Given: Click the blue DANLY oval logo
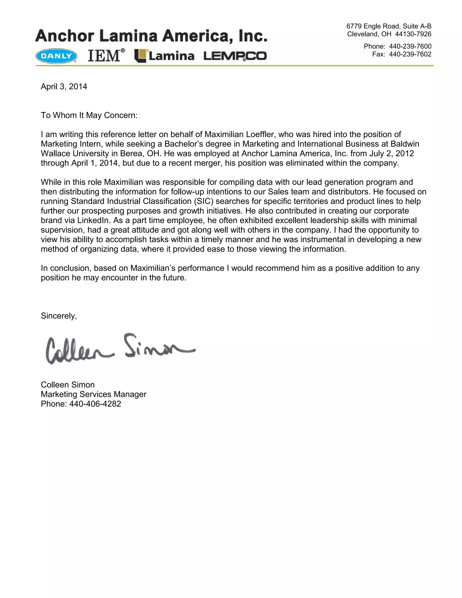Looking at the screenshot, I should point(56,56).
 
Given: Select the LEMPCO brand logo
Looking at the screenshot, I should point(235,56).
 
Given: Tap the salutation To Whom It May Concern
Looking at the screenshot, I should point(89,115).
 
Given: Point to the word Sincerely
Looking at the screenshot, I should point(59,316).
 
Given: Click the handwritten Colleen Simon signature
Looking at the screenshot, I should point(120,349).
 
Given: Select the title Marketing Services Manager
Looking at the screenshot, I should point(94,394).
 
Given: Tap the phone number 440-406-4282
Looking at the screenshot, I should point(95,404).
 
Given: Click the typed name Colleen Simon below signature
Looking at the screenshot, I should point(68,385).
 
